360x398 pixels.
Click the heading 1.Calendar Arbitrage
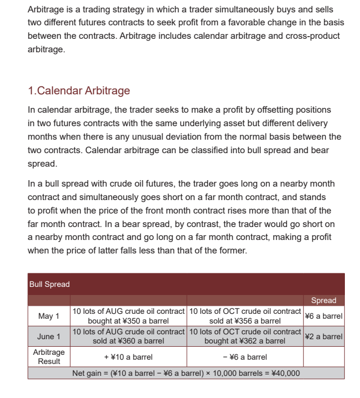pyautogui.click(x=79, y=90)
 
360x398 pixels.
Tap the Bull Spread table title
pyautogui.click(x=49, y=284)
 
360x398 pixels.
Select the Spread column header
pyautogui.click(x=323, y=300)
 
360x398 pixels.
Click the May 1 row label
pyautogui.click(x=49, y=316)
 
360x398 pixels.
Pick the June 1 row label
pyautogui.click(x=49, y=337)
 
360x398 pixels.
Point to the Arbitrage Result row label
pyautogui.click(x=49, y=356)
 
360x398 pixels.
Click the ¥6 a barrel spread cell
pyautogui.click(x=323, y=316)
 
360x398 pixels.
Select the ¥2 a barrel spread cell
pyautogui.click(x=323, y=337)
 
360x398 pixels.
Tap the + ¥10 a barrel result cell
pyautogui.click(x=128, y=357)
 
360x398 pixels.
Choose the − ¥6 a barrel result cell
pyautogui.click(x=244, y=357)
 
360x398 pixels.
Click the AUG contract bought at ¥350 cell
pyautogui.click(x=128, y=316)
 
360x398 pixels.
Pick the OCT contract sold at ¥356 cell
pyautogui.click(x=245, y=316)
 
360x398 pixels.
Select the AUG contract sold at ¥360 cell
pyautogui.click(x=128, y=337)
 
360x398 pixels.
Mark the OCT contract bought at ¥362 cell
pyautogui.click(x=245, y=337)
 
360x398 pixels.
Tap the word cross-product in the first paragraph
pyautogui.click(x=310, y=36)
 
